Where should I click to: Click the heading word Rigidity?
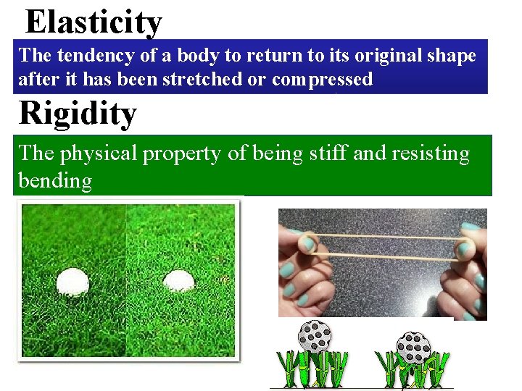[x=77, y=114]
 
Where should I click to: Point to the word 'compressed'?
[x=322, y=80]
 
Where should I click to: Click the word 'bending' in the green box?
[x=55, y=180]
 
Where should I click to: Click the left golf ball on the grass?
[x=72, y=281]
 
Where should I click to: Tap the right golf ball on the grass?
[x=178, y=280]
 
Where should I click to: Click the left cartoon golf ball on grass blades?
[x=314, y=336]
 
